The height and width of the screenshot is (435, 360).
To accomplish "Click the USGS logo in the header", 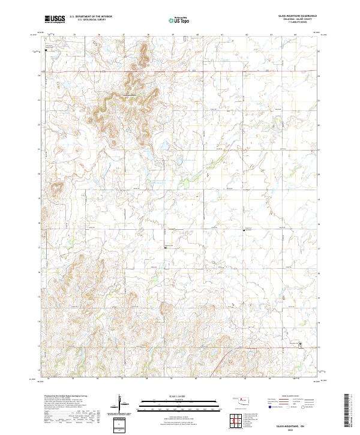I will (55, 19).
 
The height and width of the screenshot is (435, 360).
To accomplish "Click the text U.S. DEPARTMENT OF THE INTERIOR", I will (91, 17).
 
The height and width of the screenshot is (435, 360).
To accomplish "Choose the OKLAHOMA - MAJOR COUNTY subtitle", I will (297, 19).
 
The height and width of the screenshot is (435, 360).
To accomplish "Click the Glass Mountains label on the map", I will (130, 95).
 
